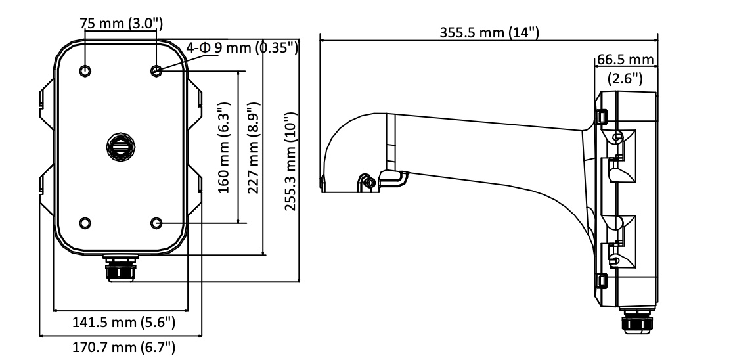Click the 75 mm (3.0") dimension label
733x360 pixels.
point(121,24)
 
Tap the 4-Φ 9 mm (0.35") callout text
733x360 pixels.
point(242,48)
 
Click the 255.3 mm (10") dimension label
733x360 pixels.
point(290,162)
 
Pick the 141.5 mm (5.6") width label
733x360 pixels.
point(123,322)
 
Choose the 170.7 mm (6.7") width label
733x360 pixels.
point(123,348)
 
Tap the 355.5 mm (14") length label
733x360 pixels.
point(489,33)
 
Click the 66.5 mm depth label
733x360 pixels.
point(625,60)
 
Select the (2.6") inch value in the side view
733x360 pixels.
point(625,78)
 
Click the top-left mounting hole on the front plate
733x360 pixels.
point(85,70)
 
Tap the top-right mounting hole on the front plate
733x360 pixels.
point(156,70)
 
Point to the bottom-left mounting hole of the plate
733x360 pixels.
point(85,223)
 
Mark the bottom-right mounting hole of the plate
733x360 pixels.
point(156,223)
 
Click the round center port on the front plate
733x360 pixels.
point(120,146)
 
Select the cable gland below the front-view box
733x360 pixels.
point(120,268)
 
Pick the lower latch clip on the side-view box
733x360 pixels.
point(602,281)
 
